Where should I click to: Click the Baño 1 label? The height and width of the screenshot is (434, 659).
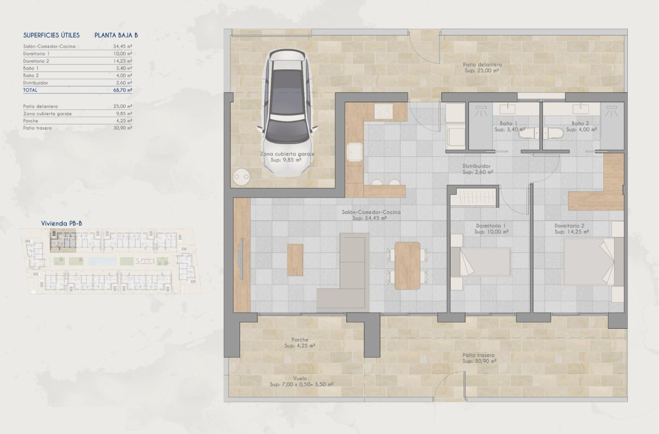[509, 124]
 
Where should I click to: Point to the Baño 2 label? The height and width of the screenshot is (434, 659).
[581, 124]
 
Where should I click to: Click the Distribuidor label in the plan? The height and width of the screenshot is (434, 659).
[477, 166]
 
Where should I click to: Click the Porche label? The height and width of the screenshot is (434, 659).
[299, 340]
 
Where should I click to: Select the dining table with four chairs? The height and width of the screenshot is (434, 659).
[408, 266]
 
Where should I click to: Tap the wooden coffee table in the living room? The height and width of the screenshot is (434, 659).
[295, 260]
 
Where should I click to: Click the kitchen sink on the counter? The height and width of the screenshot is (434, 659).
[355, 152]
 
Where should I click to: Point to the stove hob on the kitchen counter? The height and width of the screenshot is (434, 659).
[384, 111]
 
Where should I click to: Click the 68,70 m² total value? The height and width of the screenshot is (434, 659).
[123, 90]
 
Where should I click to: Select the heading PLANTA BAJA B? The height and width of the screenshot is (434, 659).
[116, 35]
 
